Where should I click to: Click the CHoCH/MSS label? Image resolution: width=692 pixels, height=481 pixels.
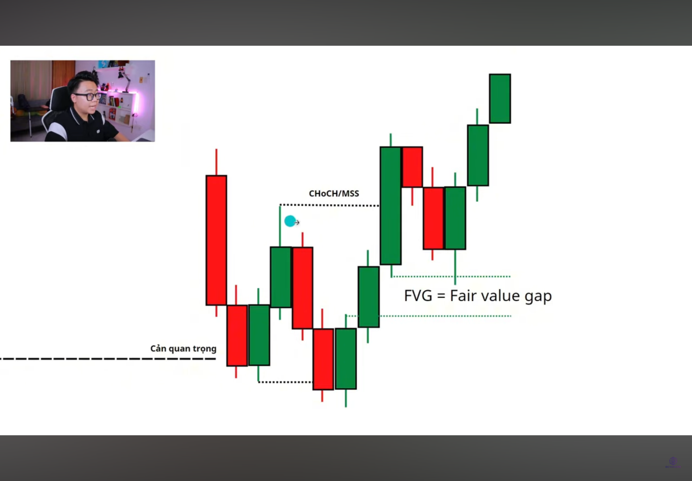[x=334, y=193]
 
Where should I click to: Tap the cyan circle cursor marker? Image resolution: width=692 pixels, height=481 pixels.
[x=290, y=221]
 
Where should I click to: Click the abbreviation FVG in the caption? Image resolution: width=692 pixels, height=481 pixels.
[x=418, y=296]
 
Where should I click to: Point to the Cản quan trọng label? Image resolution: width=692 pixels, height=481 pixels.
[x=183, y=349]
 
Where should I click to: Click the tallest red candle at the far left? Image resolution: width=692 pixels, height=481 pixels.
[x=216, y=240]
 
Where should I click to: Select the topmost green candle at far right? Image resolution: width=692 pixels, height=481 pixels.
[x=500, y=98]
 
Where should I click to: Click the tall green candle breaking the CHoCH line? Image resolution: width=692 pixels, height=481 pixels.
[x=391, y=206]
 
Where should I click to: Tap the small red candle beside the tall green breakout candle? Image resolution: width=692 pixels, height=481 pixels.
[x=412, y=167]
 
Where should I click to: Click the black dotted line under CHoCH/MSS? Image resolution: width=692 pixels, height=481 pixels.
[x=329, y=205]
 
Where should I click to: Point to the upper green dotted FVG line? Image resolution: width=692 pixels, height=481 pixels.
[x=451, y=276]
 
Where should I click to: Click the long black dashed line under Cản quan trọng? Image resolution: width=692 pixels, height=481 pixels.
[x=108, y=359]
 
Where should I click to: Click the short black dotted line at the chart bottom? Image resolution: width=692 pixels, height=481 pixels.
[x=286, y=382]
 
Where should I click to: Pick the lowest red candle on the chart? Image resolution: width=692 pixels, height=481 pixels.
[x=323, y=359]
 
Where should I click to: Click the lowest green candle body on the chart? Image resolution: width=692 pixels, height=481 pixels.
[x=346, y=359]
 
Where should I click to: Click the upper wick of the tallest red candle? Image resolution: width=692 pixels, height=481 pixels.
[x=216, y=162]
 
